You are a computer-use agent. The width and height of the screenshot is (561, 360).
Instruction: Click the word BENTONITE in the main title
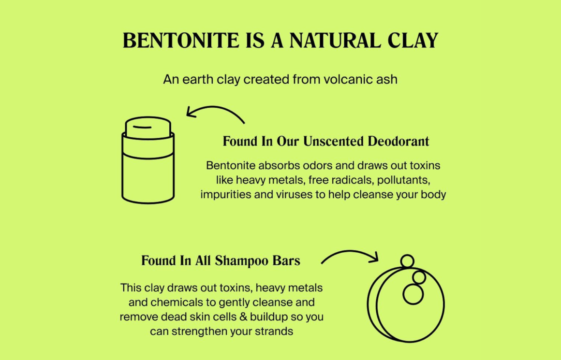(x=181, y=40)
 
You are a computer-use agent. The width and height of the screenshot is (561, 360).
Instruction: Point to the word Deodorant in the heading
(x=398, y=141)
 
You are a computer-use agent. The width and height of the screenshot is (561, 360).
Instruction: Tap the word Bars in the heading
(x=286, y=260)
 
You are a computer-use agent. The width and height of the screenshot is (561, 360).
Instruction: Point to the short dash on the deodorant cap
(x=142, y=127)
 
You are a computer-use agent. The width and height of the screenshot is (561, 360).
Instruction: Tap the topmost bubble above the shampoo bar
(x=407, y=261)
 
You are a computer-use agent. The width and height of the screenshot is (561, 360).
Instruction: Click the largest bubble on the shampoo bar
(x=413, y=294)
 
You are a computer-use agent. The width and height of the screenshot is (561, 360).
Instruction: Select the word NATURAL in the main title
(x=335, y=40)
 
